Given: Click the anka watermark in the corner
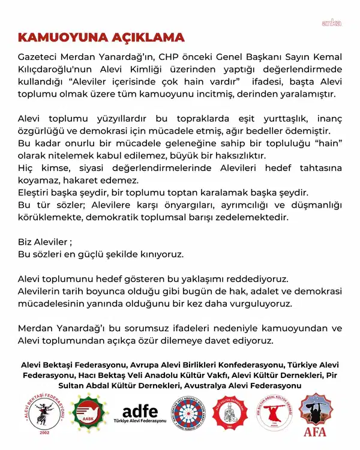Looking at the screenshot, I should (x=331, y=23).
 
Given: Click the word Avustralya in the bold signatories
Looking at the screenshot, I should (x=208, y=385).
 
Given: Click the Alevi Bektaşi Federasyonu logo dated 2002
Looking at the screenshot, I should (x=40, y=419).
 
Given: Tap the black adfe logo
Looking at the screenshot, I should (x=140, y=413).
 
